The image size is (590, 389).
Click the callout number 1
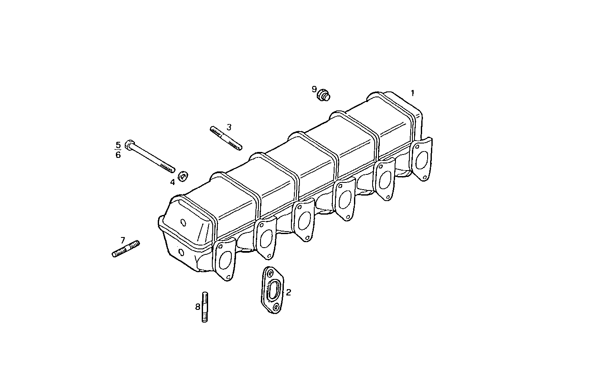[413, 93]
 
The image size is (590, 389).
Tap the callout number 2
[288, 292]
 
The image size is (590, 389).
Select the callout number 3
[229, 127]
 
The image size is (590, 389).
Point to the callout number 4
[173, 182]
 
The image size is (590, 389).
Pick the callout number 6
[118, 155]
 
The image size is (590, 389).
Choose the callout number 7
[123, 240]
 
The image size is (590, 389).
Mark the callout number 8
[198, 307]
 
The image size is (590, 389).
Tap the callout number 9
[314, 89]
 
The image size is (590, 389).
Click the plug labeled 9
[324, 95]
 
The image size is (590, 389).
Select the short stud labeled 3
[226, 138]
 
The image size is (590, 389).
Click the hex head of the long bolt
[129, 144]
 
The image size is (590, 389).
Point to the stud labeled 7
[126, 249]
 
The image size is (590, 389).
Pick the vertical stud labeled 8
[205, 307]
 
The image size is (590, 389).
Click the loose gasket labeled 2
[272, 290]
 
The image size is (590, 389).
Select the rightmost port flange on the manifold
[421, 159]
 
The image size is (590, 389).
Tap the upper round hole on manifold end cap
[183, 223]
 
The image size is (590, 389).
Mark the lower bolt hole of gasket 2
[276, 307]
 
